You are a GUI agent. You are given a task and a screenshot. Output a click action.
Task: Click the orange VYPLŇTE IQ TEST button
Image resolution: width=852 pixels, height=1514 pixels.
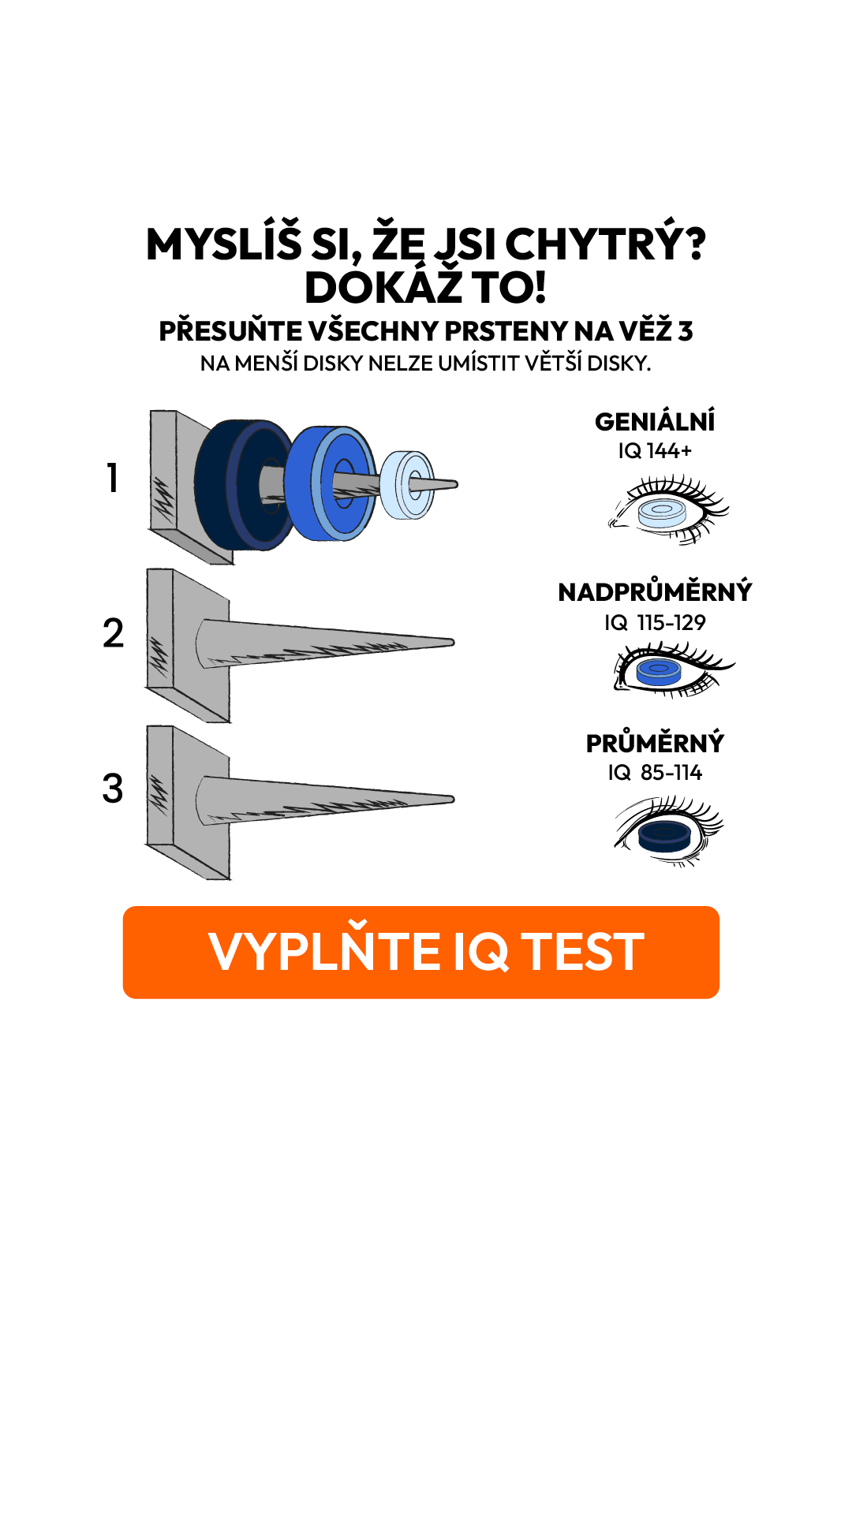421,953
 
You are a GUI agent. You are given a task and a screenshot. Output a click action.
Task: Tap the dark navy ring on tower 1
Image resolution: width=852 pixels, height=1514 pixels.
217,485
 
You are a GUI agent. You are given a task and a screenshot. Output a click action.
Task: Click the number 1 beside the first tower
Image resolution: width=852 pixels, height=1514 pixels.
113,478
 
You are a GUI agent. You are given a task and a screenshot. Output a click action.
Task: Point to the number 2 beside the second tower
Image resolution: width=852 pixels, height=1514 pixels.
113,633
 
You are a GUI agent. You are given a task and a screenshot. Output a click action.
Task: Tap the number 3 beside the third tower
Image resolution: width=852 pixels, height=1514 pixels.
113,789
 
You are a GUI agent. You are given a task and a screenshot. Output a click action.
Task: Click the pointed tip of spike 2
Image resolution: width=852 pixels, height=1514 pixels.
453,643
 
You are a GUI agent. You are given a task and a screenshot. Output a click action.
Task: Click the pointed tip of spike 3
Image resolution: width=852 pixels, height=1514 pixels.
453,800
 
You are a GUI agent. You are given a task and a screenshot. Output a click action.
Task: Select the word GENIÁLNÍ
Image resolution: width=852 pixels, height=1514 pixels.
655,421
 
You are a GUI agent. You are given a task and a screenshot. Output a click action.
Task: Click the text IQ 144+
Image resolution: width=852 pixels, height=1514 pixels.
655,451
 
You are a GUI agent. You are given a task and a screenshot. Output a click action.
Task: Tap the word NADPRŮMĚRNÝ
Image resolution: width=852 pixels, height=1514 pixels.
655,591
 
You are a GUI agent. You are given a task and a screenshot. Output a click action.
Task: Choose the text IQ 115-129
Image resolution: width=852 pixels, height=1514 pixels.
655,623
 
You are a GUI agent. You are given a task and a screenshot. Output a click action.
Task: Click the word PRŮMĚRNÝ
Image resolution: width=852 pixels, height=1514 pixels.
655,743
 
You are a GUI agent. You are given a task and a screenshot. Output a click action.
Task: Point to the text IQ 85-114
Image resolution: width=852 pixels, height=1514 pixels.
655,773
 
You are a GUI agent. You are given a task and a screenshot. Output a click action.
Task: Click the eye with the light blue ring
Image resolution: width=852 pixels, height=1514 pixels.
667,509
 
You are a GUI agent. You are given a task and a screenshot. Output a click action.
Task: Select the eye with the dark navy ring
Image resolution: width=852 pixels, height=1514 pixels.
667,831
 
